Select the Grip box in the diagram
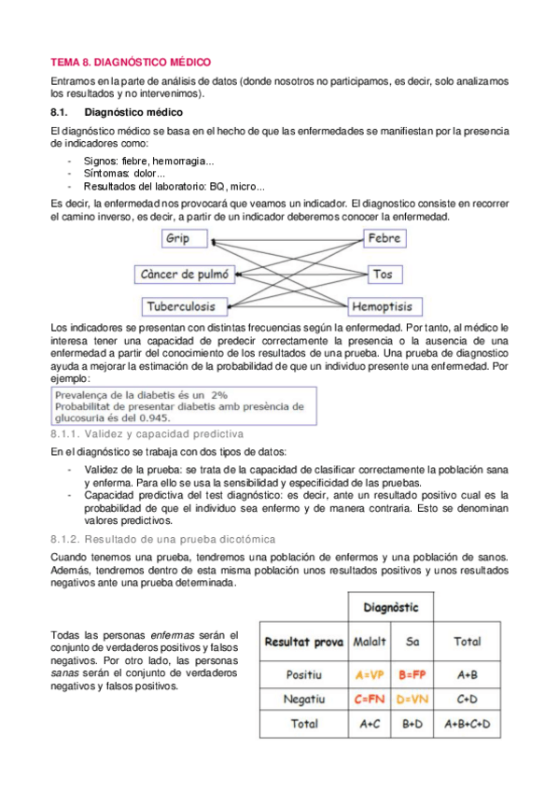[x=178, y=239]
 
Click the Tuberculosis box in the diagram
[x=186, y=306]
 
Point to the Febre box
[x=384, y=239]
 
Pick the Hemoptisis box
[x=385, y=306]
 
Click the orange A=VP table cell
[x=370, y=672]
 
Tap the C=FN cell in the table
[x=370, y=698]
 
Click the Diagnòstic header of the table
[x=391, y=608]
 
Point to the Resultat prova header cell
[x=303, y=643]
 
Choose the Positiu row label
[x=303, y=672]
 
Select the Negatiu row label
[x=303, y=698]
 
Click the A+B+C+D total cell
[x=467, y=724]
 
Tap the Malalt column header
[x=370, y=643]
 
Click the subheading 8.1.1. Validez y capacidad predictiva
[x=147, y=434]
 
